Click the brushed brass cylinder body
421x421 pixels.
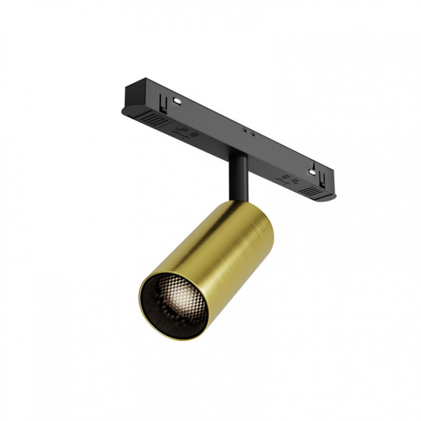point(226,249)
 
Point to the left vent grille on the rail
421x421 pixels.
point(155,119)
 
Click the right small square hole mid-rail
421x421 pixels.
point(252,134)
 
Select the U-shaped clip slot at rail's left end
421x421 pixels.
point(163,103)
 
